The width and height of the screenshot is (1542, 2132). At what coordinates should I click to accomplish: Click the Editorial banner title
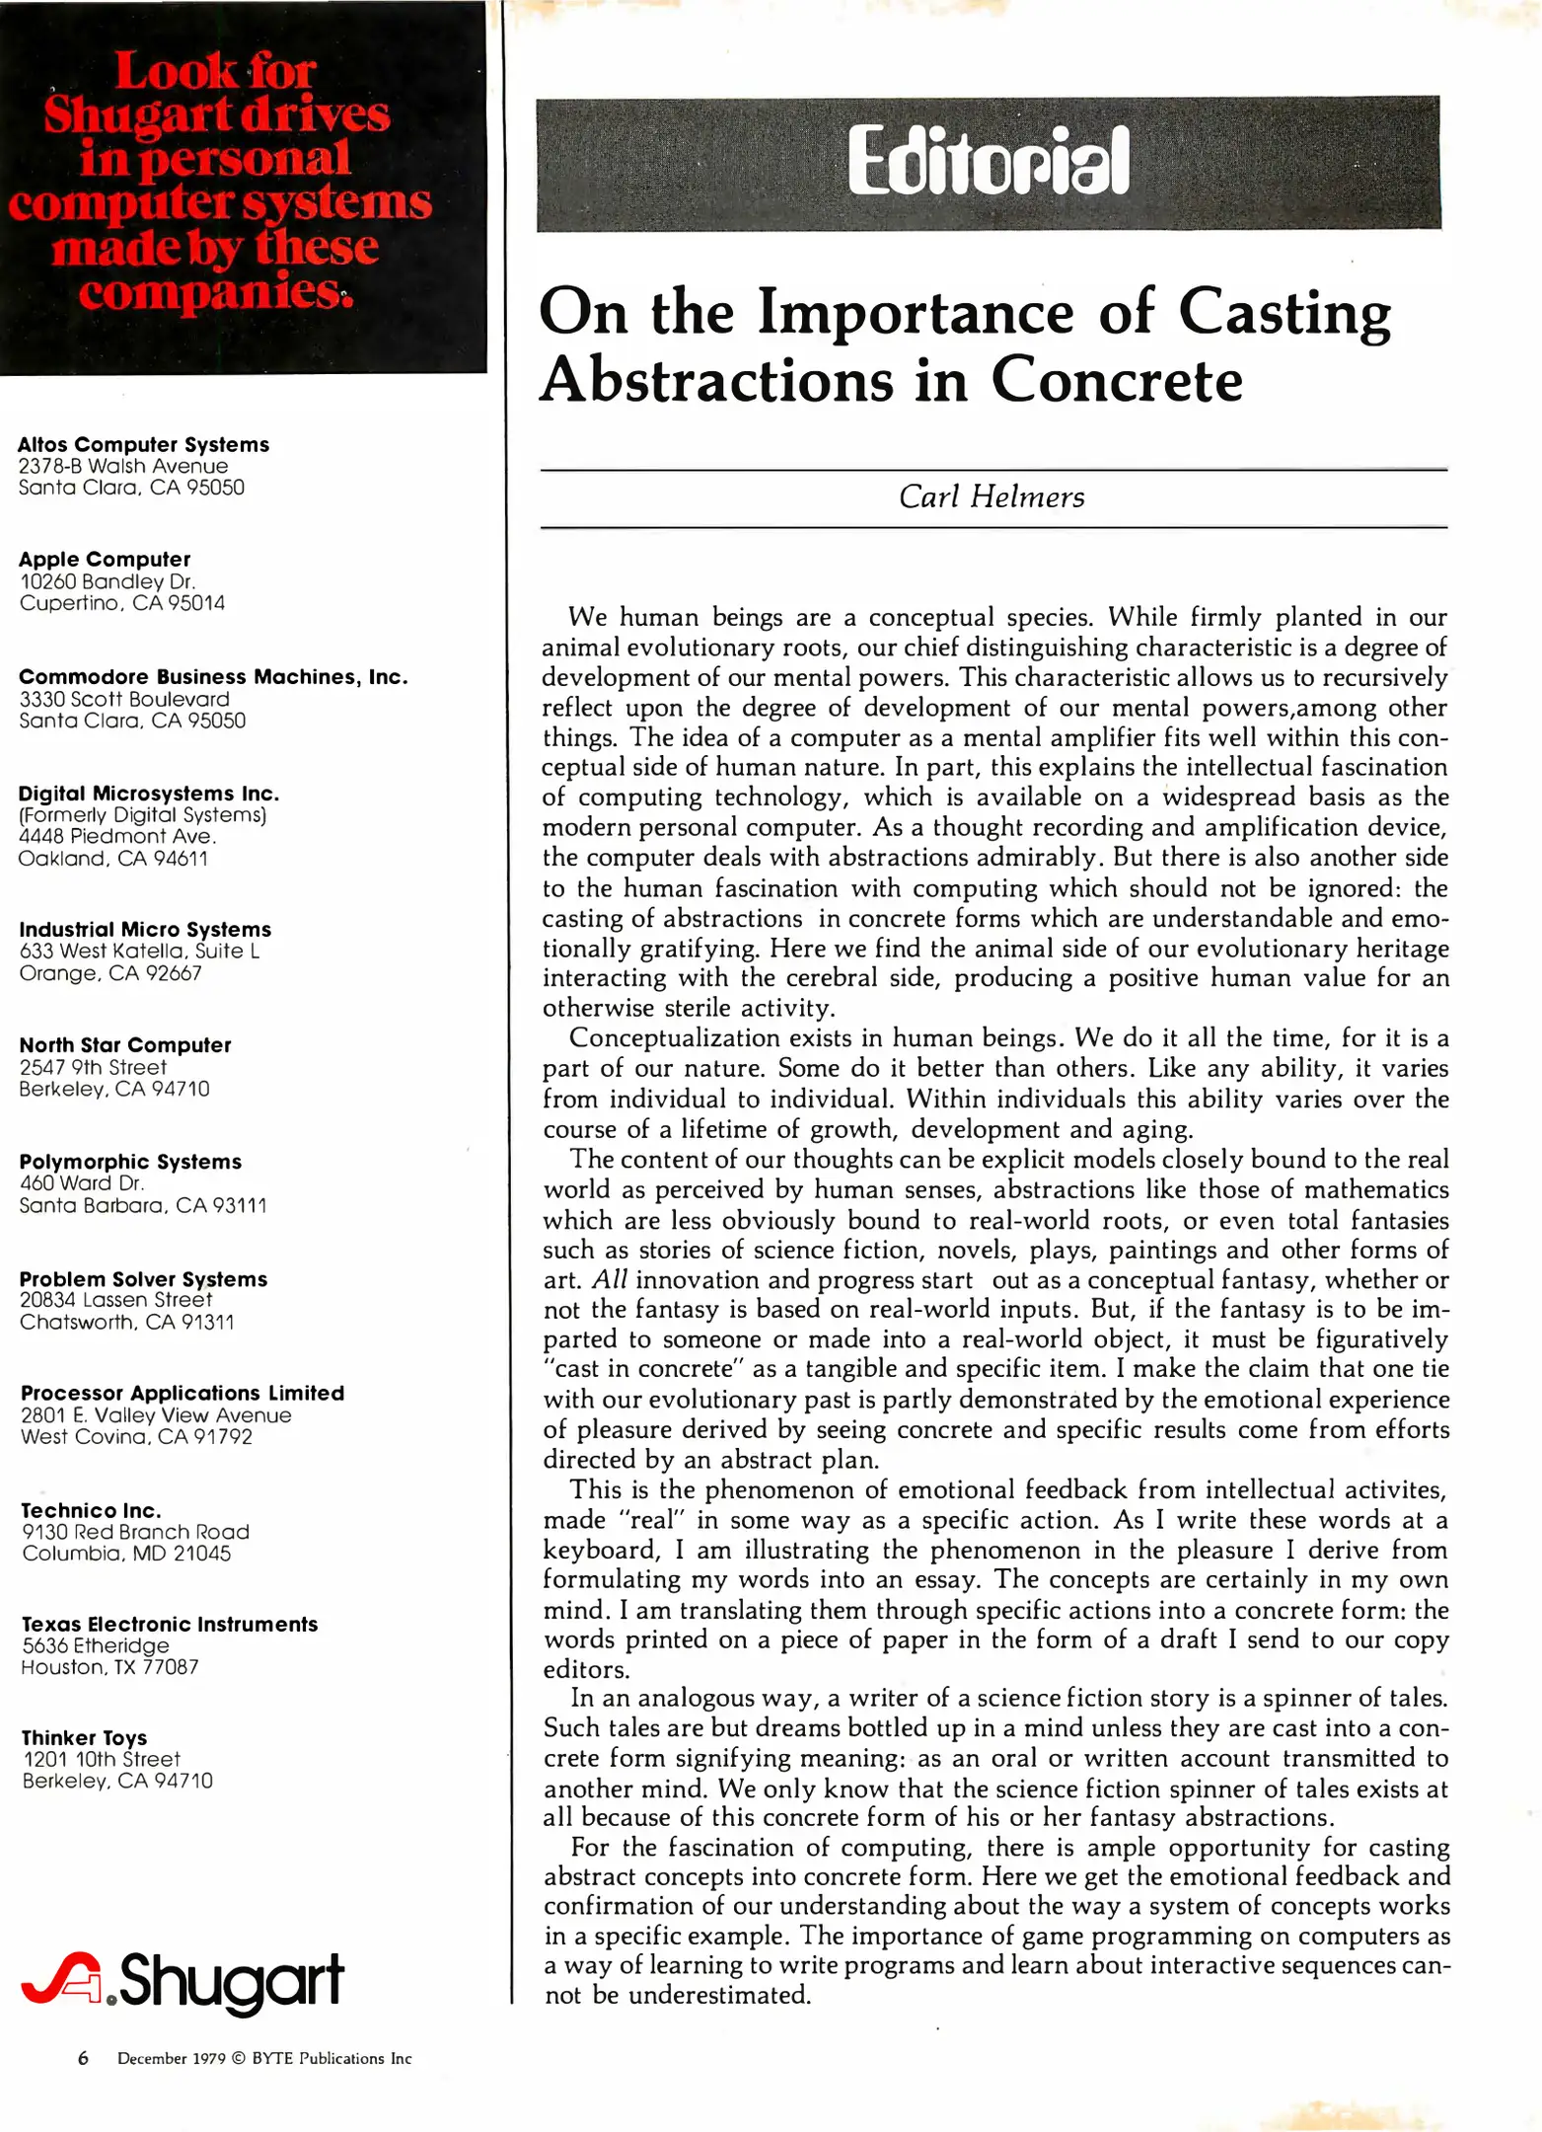(x=988, y=162)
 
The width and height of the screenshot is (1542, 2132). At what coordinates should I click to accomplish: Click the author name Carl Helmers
(x=991, y=496)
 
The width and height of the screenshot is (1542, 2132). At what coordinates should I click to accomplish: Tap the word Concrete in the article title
(x=1116, y=380)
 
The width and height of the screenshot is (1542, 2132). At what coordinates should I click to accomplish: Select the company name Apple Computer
(x=104, y=560)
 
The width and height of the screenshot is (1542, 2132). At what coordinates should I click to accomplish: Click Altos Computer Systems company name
(x=143, y=445)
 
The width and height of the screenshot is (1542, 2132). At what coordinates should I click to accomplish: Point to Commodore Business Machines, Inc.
(x=212, y=677)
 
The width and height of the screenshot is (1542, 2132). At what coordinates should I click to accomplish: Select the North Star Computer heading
(x=124, y=1045)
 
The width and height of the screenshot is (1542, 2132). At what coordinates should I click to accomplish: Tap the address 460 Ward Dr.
(x=82, y=1183)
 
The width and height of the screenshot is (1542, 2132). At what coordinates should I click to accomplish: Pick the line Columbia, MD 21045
(x=126, y=1554)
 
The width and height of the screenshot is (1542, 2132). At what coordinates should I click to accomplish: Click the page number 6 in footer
(x=84, y=2058)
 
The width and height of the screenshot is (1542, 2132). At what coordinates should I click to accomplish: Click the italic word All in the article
(x=609, y=1280)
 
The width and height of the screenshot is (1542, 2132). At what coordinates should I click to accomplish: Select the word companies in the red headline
(x=211, y=292)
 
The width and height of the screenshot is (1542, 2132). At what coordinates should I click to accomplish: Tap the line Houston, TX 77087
(x=110, y=1667)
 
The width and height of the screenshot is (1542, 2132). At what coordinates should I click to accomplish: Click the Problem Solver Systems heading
(x=143, y=1279)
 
